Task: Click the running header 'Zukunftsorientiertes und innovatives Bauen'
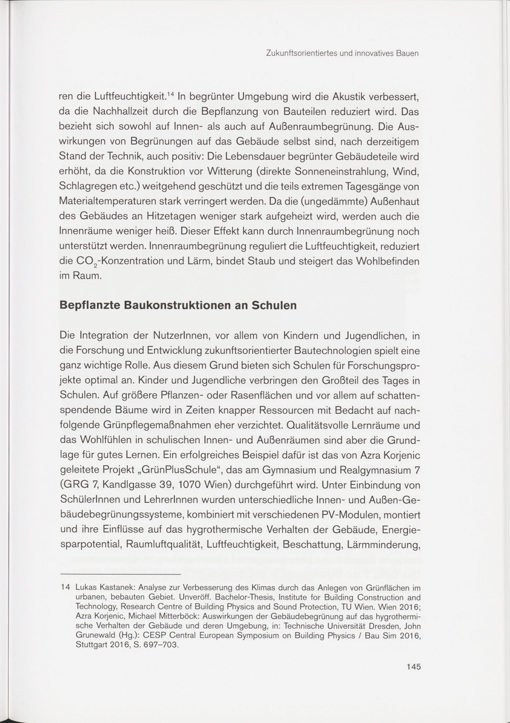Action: tap(342, 54)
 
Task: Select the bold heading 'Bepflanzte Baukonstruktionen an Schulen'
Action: tap(178, 306)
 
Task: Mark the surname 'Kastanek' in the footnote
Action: tap(118, 588)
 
